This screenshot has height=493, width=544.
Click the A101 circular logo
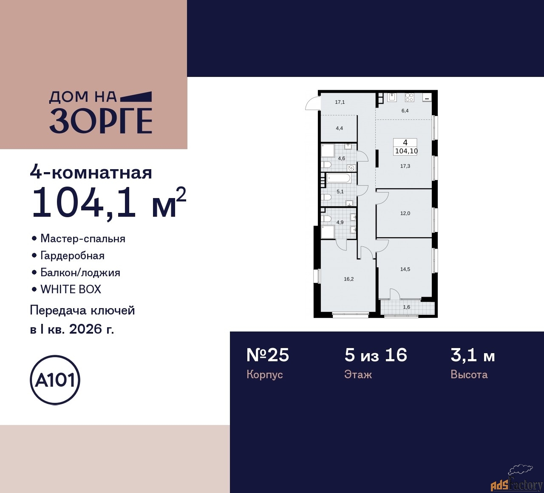[55, 380]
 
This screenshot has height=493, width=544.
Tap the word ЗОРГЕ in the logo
[101, 121]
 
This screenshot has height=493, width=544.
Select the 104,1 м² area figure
[108, 202]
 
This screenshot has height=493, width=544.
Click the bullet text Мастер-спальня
[83, 238]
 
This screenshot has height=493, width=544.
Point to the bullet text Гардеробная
[72, 255]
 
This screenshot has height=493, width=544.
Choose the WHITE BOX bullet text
[71, 289]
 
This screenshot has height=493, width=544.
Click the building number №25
[268, 355]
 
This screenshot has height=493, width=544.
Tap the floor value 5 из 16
[376, 355]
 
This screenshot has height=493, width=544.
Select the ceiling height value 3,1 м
[473, 355]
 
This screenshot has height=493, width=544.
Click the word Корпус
[264, 374]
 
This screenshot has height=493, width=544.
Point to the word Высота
[469, 374]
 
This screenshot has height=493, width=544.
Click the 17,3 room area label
[405, 166]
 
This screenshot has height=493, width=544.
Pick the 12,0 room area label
[405, 213]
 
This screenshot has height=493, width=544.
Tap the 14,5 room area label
[405, 269]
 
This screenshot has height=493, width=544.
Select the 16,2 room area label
[348, 279]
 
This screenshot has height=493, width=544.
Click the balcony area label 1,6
[407, 307]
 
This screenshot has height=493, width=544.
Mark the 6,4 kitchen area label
[405, 111]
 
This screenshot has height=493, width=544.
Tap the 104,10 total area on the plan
[406, 151]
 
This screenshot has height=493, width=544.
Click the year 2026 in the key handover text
[84, 329]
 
